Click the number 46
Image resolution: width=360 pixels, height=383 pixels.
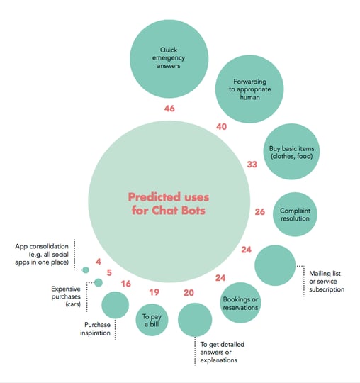[x=169, y=109]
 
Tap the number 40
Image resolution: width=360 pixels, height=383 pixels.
[x=221, y=126]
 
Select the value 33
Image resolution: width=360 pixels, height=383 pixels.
[x=252, y=164]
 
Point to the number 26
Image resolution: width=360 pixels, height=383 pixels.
[x=259, y=211]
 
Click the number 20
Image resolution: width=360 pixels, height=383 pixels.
[x=189, y=292]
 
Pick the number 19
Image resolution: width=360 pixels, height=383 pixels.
[x=154, y=292]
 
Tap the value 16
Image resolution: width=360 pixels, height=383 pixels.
[x=126, y=283]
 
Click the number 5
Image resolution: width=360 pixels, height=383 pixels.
[x=109, y=272]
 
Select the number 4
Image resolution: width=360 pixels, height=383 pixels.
[x=99, y=262]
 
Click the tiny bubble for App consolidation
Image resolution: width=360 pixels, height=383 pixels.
[x=86, y=270]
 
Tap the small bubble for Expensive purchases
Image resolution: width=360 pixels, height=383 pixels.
[x=99, y=282]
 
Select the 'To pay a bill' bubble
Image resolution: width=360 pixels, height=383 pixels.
[x=152, y=320]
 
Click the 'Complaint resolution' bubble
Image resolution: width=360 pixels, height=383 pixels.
[x=295, y=214]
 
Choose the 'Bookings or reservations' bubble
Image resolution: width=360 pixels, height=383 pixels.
[x=240, y=303]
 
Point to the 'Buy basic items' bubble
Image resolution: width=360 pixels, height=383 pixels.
[x=291, y=152]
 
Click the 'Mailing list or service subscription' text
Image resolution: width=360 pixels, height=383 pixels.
[x=327, y=282]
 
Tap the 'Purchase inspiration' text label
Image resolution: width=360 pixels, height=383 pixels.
[x=95, y=328]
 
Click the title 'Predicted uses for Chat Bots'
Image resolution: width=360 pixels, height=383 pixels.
[x=169, y=204]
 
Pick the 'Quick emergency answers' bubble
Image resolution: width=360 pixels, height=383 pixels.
[x=169, y=59]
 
